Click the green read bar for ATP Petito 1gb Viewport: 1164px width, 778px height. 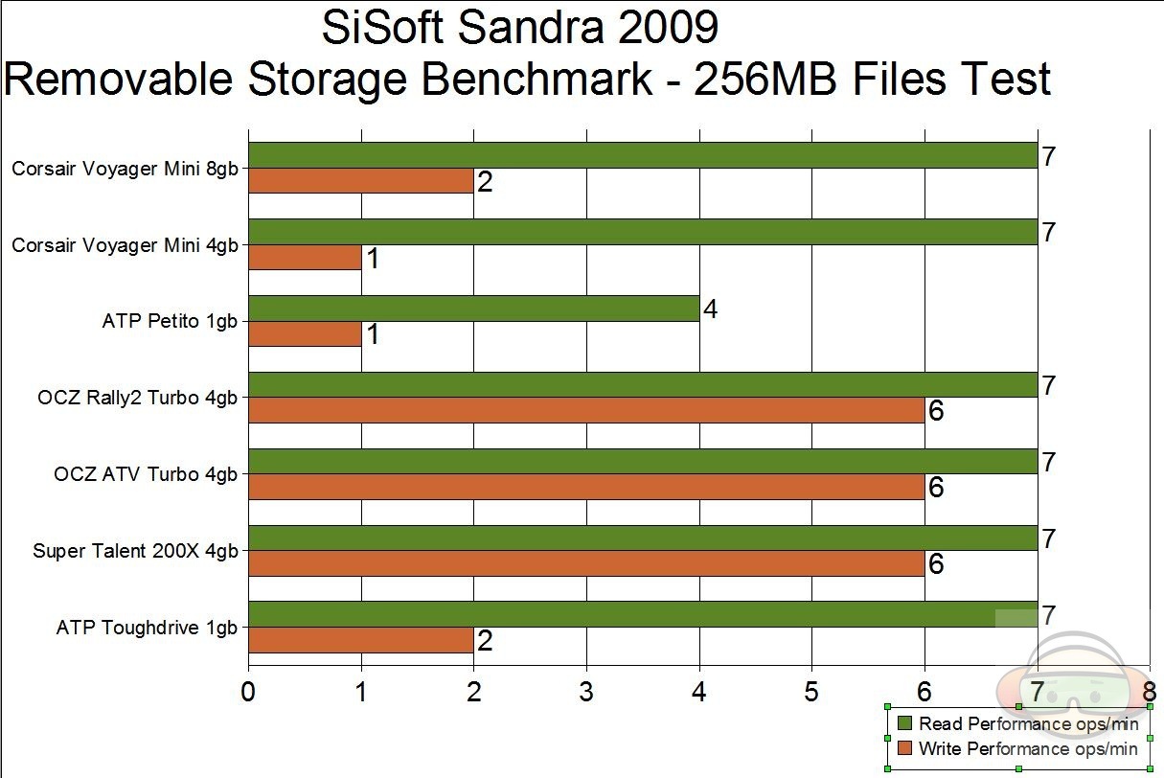(x=473, y=309)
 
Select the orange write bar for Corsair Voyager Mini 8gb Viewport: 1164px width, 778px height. (x=361, y=181)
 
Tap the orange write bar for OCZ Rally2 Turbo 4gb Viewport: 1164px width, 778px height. (x=586, y=410)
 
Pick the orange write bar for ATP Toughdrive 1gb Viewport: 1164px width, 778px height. (x=361, y=640)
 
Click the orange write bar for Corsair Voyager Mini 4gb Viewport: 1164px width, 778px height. (x=305, y=257)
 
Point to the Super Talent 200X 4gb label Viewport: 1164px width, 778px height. (x=135, y=551)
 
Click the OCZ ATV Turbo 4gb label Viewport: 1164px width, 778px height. (x=146, y=474)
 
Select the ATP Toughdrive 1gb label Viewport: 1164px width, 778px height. (x=147, y=629)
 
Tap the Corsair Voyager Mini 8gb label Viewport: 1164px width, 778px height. (x=125, y=170)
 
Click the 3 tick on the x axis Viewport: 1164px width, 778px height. (x=586, y=691)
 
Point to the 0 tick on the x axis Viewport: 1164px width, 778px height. (x=248, y=691)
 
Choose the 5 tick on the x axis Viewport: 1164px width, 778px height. (x=811, y=691)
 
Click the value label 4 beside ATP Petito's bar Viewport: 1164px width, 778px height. (x=710, y=309)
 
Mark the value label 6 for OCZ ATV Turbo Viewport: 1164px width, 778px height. (x=936, y=488)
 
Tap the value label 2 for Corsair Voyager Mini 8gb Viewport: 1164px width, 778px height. (x=485, y=182)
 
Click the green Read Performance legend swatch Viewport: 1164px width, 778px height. (x=902, y=722)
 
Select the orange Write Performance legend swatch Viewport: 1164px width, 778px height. (x=902, y=747)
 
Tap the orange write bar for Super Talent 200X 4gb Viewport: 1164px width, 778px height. (x=586, y=563)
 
